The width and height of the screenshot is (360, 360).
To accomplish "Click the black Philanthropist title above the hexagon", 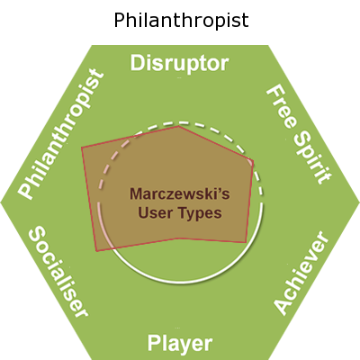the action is coord(181,21).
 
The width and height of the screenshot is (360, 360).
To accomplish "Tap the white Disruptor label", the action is coord(179,64).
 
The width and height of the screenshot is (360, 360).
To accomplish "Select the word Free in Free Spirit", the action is coord(282,107).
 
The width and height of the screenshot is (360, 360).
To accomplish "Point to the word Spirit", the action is coord(313,158).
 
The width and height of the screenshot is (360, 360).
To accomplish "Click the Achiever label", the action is coord(301,273).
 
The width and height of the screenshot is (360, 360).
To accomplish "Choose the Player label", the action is coord(180,344).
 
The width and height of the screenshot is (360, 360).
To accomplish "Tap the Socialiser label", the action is coord(58,272).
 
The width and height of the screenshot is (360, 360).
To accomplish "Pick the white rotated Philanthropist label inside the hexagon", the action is coord(61,134).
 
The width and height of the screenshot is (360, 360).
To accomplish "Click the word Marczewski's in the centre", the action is coord(180,193).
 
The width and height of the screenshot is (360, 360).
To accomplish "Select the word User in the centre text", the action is coord(155,212).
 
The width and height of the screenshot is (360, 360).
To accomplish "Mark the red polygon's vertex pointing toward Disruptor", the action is coord(179,126).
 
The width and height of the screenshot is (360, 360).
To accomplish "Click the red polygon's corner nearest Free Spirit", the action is coord(254,161).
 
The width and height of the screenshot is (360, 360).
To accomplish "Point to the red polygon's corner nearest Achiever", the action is coord(246,242).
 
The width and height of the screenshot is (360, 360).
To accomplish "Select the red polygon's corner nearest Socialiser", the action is coord(96,251).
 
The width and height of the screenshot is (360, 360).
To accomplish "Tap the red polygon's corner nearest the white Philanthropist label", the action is coord(82,147).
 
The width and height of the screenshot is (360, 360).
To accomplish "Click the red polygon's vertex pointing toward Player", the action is coord(177,238).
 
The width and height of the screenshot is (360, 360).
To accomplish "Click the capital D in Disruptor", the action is coord(137,63).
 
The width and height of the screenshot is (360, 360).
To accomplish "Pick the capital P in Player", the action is coord(154,343).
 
